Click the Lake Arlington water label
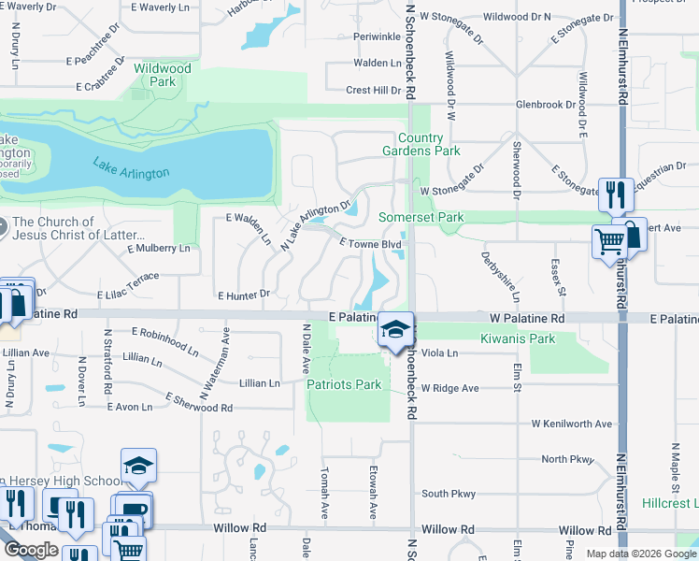(x=131, y=168)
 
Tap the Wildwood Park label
(x=162, y=75)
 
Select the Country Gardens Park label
(x=421, y=144)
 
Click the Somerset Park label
(x=421, y=217)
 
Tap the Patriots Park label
(x=344, y=384)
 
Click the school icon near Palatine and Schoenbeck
(x=396, y=330)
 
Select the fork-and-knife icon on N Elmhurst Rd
(x=615, y=194)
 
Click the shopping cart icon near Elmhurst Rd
(x=609, y=241)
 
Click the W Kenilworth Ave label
(x=572, y=424)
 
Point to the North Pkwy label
(x=567, y=459)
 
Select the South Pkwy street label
(x=449, y=494)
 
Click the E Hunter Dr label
(x=244, y=295)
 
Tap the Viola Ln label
(x=440, y=352)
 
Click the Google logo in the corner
(x=31, y=550)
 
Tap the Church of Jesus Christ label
(x=79, y=228)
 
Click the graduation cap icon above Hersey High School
(x=137, y=466)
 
